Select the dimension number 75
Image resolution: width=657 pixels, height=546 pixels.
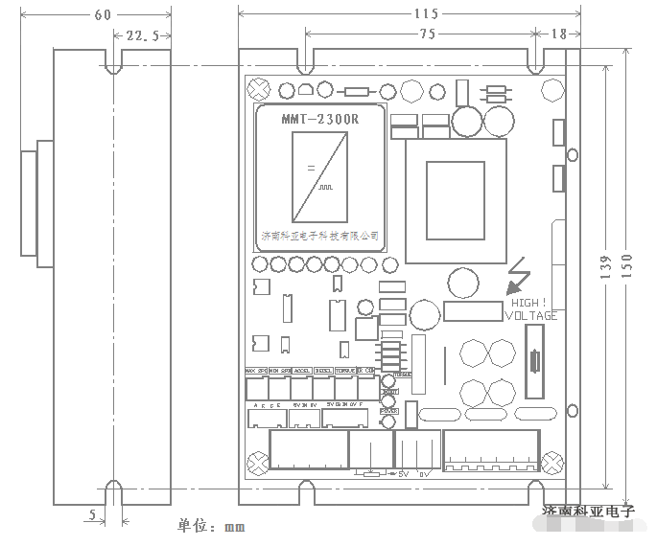point(427,34)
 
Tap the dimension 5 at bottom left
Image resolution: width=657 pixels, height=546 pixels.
point(92,515)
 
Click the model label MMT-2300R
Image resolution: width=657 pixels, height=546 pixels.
point(319,119)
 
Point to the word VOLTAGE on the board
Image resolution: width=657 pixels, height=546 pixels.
point(531,315)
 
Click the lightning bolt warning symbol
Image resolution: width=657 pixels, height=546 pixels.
point(519,276)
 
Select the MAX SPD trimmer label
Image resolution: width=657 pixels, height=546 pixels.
point(256,371)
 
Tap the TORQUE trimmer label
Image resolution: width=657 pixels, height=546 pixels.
point(345,371)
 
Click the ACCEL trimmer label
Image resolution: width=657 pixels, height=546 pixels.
point(301,371)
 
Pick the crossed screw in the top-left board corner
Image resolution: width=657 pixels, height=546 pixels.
point(257,91)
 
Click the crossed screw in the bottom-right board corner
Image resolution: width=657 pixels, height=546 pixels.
point(552,464)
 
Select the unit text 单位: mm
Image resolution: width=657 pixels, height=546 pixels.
point(211,526)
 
